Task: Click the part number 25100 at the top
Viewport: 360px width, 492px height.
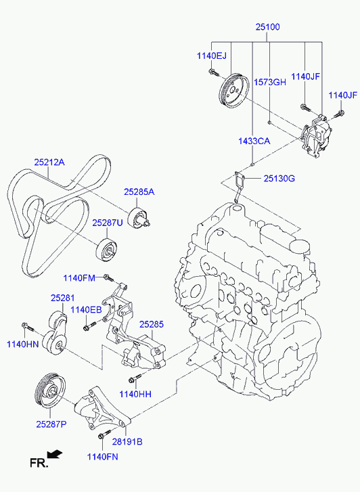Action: click(267, 27)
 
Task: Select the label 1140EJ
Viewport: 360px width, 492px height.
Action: click(212, 56)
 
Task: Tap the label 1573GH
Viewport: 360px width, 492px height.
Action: click(270, 82)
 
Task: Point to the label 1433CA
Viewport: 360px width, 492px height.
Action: click(254, 141)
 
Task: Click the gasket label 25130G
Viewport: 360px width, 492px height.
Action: click(279, 179)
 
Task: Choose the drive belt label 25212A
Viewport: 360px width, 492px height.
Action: click(49, 162)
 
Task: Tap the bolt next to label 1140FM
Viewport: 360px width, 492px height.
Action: click(108, 277)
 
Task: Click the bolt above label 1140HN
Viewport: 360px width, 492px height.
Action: click(28, 327)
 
